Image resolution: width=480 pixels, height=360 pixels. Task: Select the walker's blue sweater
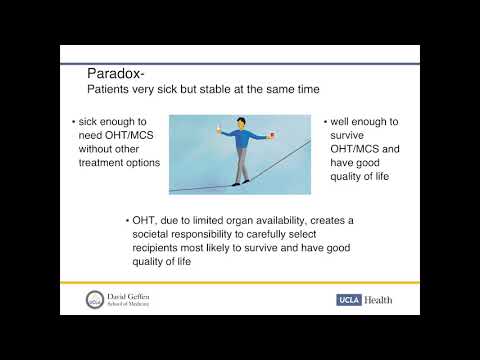point(241,142)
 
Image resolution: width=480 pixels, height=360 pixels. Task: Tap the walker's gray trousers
point(240,165)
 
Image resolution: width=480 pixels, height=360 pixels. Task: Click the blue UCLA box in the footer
point(352,300)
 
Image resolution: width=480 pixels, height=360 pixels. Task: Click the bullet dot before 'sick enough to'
point(73,123)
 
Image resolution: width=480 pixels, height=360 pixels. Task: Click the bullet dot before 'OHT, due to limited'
point(130,219)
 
